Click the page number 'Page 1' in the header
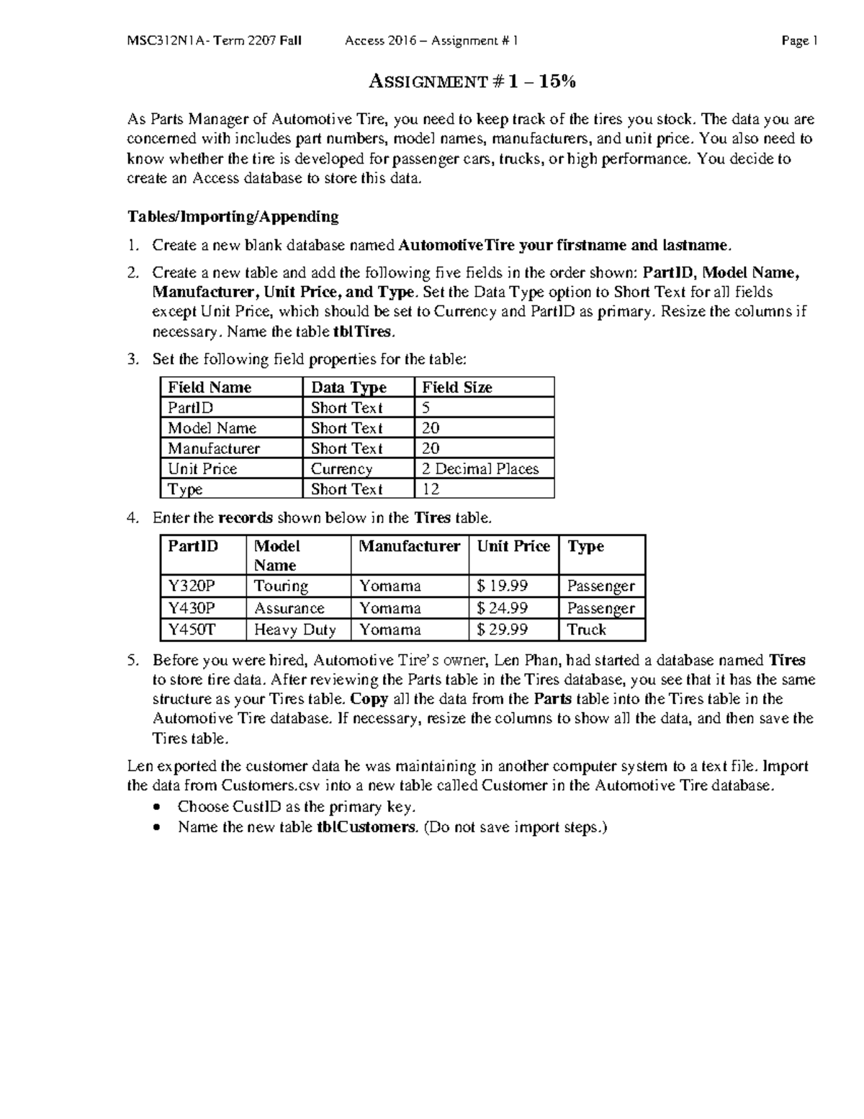point(799,41)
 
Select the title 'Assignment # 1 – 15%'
point(472,82)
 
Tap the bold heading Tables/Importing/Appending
point(233,216)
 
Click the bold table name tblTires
point(363,331)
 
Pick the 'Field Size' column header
point(457,387)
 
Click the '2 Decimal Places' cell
point(480,468)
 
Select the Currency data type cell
point(341,468)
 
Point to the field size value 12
point(431,489)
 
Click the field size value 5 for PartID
point(426,408)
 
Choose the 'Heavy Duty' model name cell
point(295,630)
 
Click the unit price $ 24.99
point(503,608)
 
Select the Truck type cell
point(587,630)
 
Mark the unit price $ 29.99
point(503,630)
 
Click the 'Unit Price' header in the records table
point(513,546)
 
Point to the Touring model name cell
point(281,586)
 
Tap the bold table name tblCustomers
point(366,827)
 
